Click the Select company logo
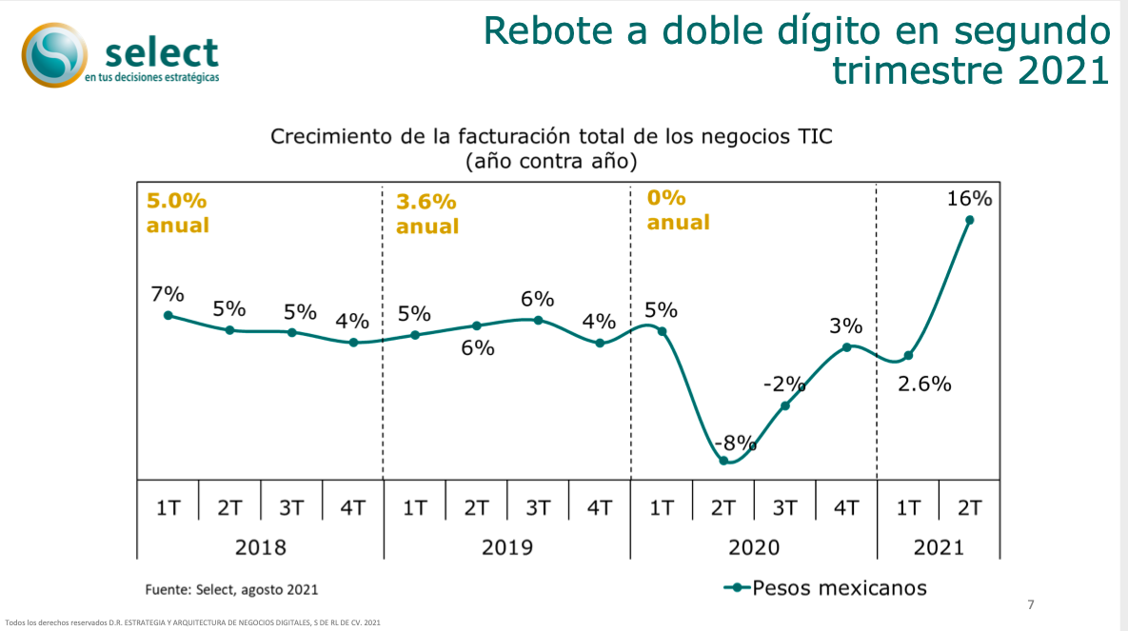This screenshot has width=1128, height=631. [x=122, y=54]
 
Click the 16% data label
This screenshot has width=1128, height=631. [x=969, y=199]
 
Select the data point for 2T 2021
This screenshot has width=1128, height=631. [x=970, y=220]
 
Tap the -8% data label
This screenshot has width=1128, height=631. [x=735, y=443]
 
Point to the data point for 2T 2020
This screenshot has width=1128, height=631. [x=723, y=461]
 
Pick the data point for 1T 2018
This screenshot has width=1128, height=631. [x=168, y=315]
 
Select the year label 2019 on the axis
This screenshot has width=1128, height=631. [x=506, y=547]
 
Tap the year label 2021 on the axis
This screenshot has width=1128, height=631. [x=938, y=547]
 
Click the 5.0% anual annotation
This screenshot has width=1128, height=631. [x=177, y=213]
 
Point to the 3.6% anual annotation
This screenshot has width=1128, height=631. [x=427, y=214]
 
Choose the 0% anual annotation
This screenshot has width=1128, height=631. [x=678, y=210]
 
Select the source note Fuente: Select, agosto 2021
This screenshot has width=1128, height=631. [x=231, y=589]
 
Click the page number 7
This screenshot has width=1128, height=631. [x=1030, y=604]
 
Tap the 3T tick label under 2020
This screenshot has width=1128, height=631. [x=784, y=507]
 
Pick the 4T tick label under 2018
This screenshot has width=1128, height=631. [x=352, y=507]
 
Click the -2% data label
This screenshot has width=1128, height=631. [x=784, y=385]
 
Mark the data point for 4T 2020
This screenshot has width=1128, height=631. [x=846, y=347]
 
